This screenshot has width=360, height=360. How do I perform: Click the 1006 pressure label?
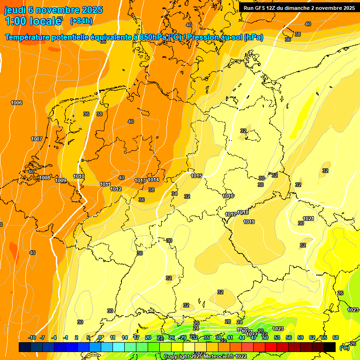[16, 103]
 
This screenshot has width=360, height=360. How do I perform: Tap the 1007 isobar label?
[37, 139]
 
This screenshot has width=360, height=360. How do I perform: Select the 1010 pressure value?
[79, 177]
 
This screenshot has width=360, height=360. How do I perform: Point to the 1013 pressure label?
[140, 180]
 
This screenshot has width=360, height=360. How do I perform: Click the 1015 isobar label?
[196, 176]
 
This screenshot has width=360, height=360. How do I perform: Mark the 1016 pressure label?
[228, 196]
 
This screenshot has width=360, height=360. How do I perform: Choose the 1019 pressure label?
[249, 222]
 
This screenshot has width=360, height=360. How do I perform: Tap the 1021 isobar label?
[308, 218]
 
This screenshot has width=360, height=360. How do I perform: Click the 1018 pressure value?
[243, 212]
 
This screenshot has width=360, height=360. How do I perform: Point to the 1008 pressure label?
[45, 178]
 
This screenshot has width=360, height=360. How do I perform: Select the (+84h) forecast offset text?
[81, 21]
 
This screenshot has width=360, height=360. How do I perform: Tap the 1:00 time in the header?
[16, 22]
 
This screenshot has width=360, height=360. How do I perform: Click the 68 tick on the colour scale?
[336, 337]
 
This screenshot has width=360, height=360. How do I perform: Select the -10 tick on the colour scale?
[32, 337]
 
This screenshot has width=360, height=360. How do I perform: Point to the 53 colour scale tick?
[277, 337]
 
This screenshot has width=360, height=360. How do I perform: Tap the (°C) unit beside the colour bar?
[345, 347]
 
